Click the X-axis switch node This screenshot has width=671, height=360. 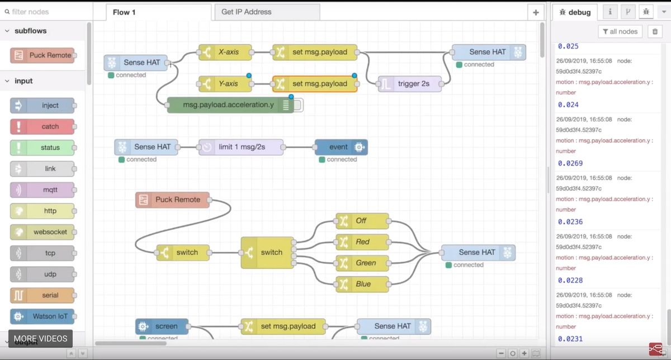(225, 53)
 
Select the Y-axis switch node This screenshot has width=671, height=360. (225, 84)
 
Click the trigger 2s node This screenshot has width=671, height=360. (410, 84)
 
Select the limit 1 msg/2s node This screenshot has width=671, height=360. (240, 147)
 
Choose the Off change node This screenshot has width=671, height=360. (362, 221)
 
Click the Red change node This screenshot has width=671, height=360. (362, 242)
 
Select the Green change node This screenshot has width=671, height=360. (362, 263)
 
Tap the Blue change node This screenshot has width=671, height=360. (362, 284)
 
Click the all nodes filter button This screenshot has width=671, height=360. (620, 31)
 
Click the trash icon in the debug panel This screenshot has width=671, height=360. (655, 31)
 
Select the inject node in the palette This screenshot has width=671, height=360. (42, 106)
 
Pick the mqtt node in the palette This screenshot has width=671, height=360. (42, 190)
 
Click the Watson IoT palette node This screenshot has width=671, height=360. (42, 316)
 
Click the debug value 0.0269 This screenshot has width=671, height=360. (570, 163)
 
